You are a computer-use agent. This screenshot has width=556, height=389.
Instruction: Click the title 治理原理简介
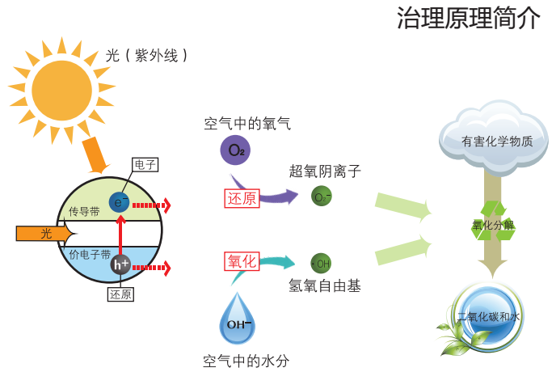tap(468, 18)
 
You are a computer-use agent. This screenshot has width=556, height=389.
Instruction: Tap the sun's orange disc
tap(62, 90)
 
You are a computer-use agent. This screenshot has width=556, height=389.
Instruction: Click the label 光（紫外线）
tap(149, 55)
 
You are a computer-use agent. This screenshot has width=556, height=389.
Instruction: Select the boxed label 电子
tap(145, 165)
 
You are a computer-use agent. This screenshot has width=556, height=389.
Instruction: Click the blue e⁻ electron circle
tap(120, 202)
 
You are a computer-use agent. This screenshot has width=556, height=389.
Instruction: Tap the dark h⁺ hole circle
tap(120, 264)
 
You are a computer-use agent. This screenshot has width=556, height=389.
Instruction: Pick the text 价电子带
tap(90, 254)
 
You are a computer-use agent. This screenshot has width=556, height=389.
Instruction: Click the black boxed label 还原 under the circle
tap(120, 294)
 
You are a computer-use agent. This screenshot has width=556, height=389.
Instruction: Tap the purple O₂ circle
tap(235, 150)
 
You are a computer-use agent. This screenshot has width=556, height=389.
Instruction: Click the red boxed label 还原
tap(242, 198)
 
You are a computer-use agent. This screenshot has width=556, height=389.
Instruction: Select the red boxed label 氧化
tap(242, 260)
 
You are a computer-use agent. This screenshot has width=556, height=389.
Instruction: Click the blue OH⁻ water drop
tap(238, 321)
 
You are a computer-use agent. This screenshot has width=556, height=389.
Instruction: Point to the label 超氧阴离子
tap(325, 171)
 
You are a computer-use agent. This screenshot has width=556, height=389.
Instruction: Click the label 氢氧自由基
tap(325, 285)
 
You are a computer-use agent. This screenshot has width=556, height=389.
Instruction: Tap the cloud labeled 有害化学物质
tap(493, 137)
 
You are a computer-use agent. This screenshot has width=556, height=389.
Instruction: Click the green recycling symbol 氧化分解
tap(493, 224)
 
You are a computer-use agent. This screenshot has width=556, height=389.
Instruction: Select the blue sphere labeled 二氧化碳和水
tap(488, 316)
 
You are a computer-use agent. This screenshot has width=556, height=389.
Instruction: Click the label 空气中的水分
tap(246, 362)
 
